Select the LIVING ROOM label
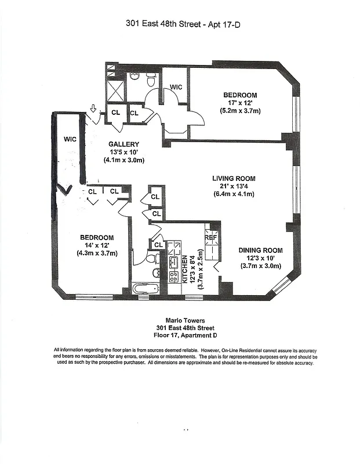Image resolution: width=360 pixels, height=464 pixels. [234, 179]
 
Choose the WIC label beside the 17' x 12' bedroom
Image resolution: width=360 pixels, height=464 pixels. [176, 87]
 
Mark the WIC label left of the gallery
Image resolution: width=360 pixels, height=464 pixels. [70, 139]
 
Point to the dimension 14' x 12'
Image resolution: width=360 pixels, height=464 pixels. [97, 245]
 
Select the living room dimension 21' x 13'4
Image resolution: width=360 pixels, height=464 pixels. [234, 186]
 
